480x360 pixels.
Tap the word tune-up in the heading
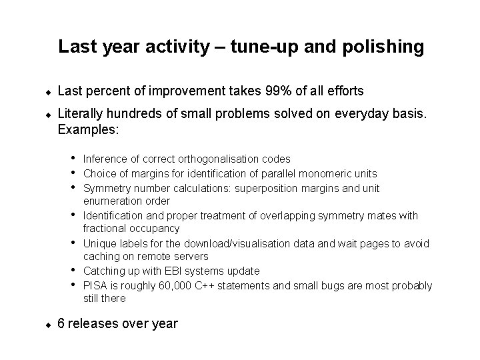(x=253, y=47)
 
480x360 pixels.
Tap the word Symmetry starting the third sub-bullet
(x=105, y=187)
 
